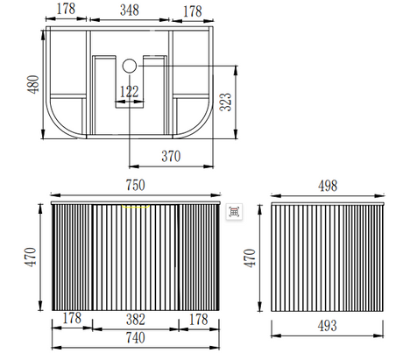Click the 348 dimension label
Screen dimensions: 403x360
coord(130,11)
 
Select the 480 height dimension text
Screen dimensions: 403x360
coord(33,84)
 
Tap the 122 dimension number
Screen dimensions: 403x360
coord(129,92)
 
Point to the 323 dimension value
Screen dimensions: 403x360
coord(225,102)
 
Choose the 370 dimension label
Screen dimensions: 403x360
coord(171,156)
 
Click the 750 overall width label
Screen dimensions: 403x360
coord(135,185)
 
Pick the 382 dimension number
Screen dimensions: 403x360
coord(136,320)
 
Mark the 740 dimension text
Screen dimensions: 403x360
coord(135,338)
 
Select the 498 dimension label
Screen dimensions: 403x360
coord(328,186)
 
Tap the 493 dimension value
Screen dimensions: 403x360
coord(327,326)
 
